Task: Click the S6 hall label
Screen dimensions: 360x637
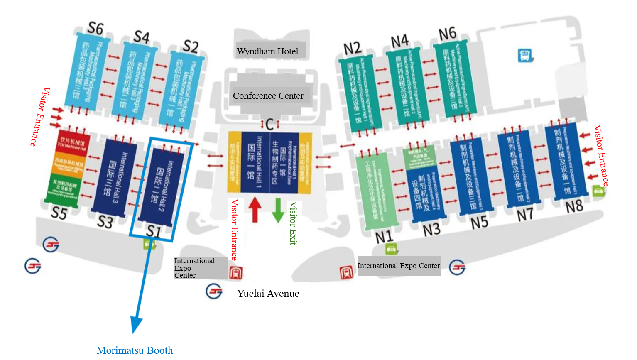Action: pyautogui.click(x=96, y=29)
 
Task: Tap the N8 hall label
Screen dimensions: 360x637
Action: pyautogui.click(x=574, y=206)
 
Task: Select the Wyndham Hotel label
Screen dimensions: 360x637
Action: pyautogui.click(x=268, y=51)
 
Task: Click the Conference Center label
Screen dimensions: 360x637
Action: pyautogui.click(x=268, y=96)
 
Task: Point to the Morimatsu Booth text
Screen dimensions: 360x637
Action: pyautogui.click(x=135, y=350)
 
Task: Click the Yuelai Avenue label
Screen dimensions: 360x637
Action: pyautogui.click(x=268, y=294)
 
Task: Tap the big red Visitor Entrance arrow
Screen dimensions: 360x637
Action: pyautogui.click(x=255, y=209)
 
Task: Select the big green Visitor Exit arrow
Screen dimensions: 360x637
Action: pyautogui.click(x=278, y=211)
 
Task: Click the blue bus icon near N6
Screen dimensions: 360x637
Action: pyautogui.click(x=525, y=55)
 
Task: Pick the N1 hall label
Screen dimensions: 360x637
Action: pyautogui.click(x=384, y=237)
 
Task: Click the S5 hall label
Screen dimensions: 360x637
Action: pyautogui.click(x=59, y=213)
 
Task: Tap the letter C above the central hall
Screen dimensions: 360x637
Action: pyautogui.click(x=270, y=124)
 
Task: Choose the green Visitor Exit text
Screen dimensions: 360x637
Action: pyautogui.click(x=293, y=223)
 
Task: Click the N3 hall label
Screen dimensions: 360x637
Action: pyautogui.click(x=431, y=229)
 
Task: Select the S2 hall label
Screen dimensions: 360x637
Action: pyautogui.click(x=191, y=47)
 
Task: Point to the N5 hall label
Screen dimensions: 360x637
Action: pyautogui.click(x=479, y=223)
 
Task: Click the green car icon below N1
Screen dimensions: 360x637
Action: pyautogui.click(x=391, y=249)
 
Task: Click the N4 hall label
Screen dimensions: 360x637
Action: pyautogui.click(x=399, y=41)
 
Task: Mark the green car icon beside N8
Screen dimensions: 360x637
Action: pyautogui.click(x=598, y=191)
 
